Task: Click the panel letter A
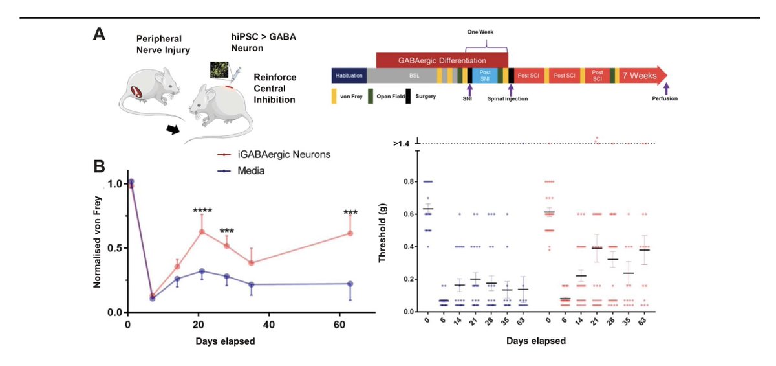100,34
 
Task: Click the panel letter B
100,166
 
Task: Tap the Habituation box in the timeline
349,75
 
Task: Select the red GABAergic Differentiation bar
441,60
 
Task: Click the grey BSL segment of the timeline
413,75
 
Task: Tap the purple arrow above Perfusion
667,88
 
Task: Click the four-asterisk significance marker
202,211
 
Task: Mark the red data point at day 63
350,233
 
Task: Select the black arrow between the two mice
173,130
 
